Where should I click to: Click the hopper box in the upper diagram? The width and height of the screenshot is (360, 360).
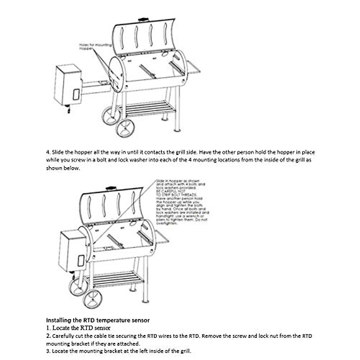pos(67,85)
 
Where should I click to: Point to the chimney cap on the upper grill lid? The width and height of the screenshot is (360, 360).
pos(143,20)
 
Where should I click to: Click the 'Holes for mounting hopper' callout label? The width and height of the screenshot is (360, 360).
pos(95,46)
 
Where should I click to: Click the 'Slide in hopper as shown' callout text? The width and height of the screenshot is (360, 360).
pos(177,181)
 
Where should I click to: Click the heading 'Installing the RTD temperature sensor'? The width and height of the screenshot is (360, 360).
pos(98,320)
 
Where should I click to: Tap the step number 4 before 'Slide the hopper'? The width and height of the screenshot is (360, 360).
pos(47,152)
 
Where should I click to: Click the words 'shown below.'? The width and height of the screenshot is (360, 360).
pos(63,168)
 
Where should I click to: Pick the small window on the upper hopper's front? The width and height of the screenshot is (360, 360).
pos(76,94)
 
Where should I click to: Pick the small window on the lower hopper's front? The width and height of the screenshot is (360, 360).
pos(81,260)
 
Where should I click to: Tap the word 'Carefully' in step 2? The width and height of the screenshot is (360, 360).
pos(62,336)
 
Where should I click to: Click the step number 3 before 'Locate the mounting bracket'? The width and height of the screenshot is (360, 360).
pos(48,351)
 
